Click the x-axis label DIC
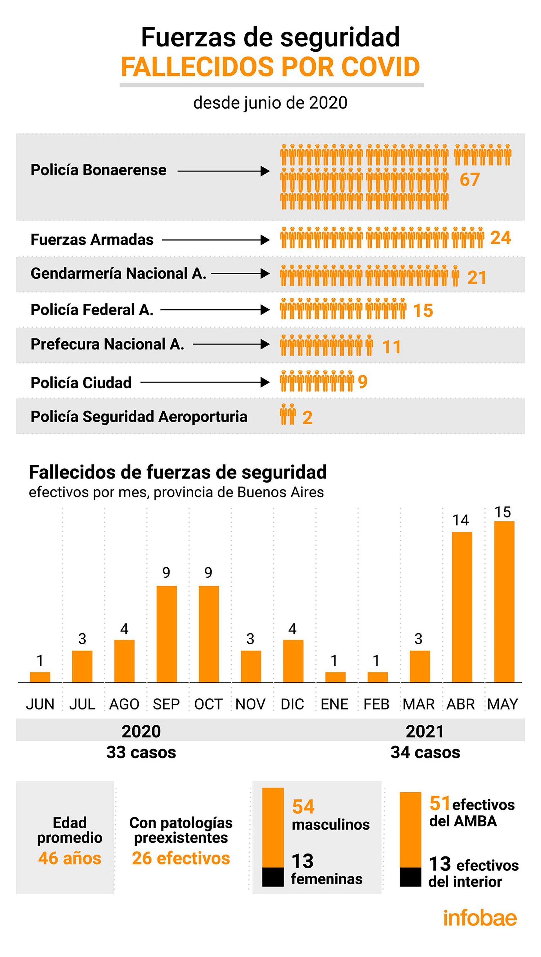tap(292, 704)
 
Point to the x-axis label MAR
tap(419, 704)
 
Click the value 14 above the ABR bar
tap(460, 520)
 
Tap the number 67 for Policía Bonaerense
tap(470, 180)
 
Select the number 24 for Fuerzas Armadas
tap(500, 238)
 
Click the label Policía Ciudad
tap(81, 383)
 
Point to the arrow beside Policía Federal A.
tap(215, 310)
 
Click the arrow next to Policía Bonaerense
tap(224, 171)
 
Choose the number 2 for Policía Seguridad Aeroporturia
tap(307, 418)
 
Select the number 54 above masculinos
tap(303, 807)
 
